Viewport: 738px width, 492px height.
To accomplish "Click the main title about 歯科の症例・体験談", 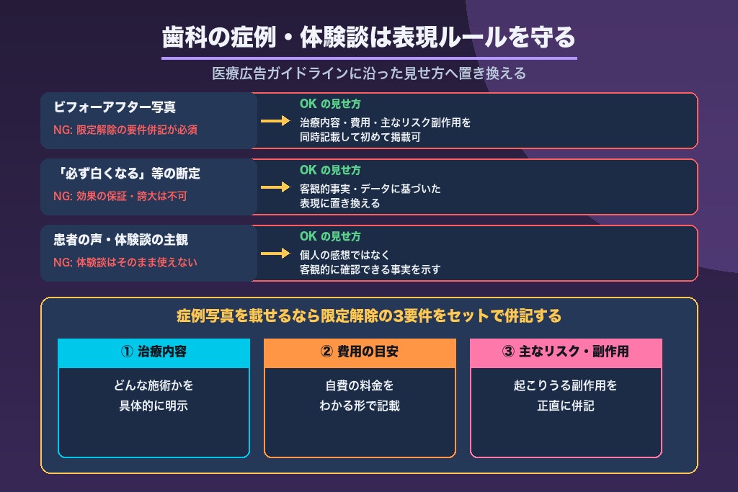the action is [x=369, y=37].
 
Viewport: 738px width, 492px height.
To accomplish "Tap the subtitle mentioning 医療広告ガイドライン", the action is [x=369, y=73].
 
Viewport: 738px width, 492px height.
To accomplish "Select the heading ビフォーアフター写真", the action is [x=115, y=107].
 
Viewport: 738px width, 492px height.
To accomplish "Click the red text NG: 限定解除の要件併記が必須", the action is [x=125, y=130].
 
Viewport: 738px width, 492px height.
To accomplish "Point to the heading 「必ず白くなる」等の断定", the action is [x=127, y=174].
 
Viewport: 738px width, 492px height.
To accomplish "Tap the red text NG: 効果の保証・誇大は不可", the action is [x=120, y=196].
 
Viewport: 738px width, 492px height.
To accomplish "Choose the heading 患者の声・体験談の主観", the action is [x=121, y=240].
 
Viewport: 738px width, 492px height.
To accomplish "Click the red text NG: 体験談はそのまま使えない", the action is [x=125, y=262].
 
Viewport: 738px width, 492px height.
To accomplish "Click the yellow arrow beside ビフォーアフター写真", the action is [x=275, y=121].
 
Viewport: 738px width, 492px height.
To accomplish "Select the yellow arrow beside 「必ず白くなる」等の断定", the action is [x=275, y=187].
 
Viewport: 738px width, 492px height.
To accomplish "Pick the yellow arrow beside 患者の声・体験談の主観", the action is [x=275, y=254].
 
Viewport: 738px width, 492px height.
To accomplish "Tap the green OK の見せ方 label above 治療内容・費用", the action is [x=330, y=104].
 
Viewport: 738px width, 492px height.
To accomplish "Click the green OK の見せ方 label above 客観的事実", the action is [x=330, y=170].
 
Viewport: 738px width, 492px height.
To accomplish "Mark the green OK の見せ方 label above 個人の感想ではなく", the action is [x=330, y=236].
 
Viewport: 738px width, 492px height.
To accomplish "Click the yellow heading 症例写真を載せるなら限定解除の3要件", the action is [x=369, y=316].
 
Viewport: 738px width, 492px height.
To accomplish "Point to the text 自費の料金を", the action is [x=360, y=385].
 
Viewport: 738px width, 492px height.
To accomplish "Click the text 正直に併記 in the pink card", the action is [x=566, y=406].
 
